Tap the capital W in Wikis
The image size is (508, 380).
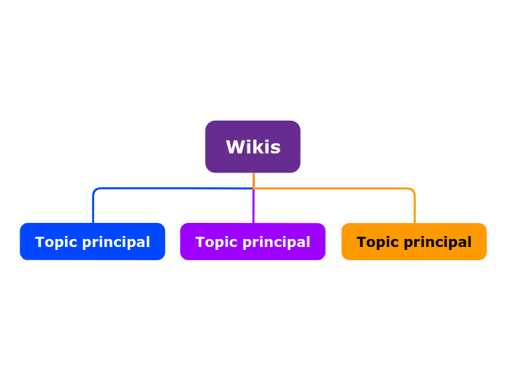point(234,148)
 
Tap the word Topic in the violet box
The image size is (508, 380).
point(214,242)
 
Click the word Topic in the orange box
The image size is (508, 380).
point(375,242)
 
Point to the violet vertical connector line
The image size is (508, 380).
point(253,207)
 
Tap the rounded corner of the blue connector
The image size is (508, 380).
point(96,191)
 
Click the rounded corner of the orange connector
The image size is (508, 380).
point(412,191)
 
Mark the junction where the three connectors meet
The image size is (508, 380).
point(253,189)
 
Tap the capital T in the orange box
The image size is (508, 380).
point(361,242)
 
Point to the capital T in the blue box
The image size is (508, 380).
point(39,242)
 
